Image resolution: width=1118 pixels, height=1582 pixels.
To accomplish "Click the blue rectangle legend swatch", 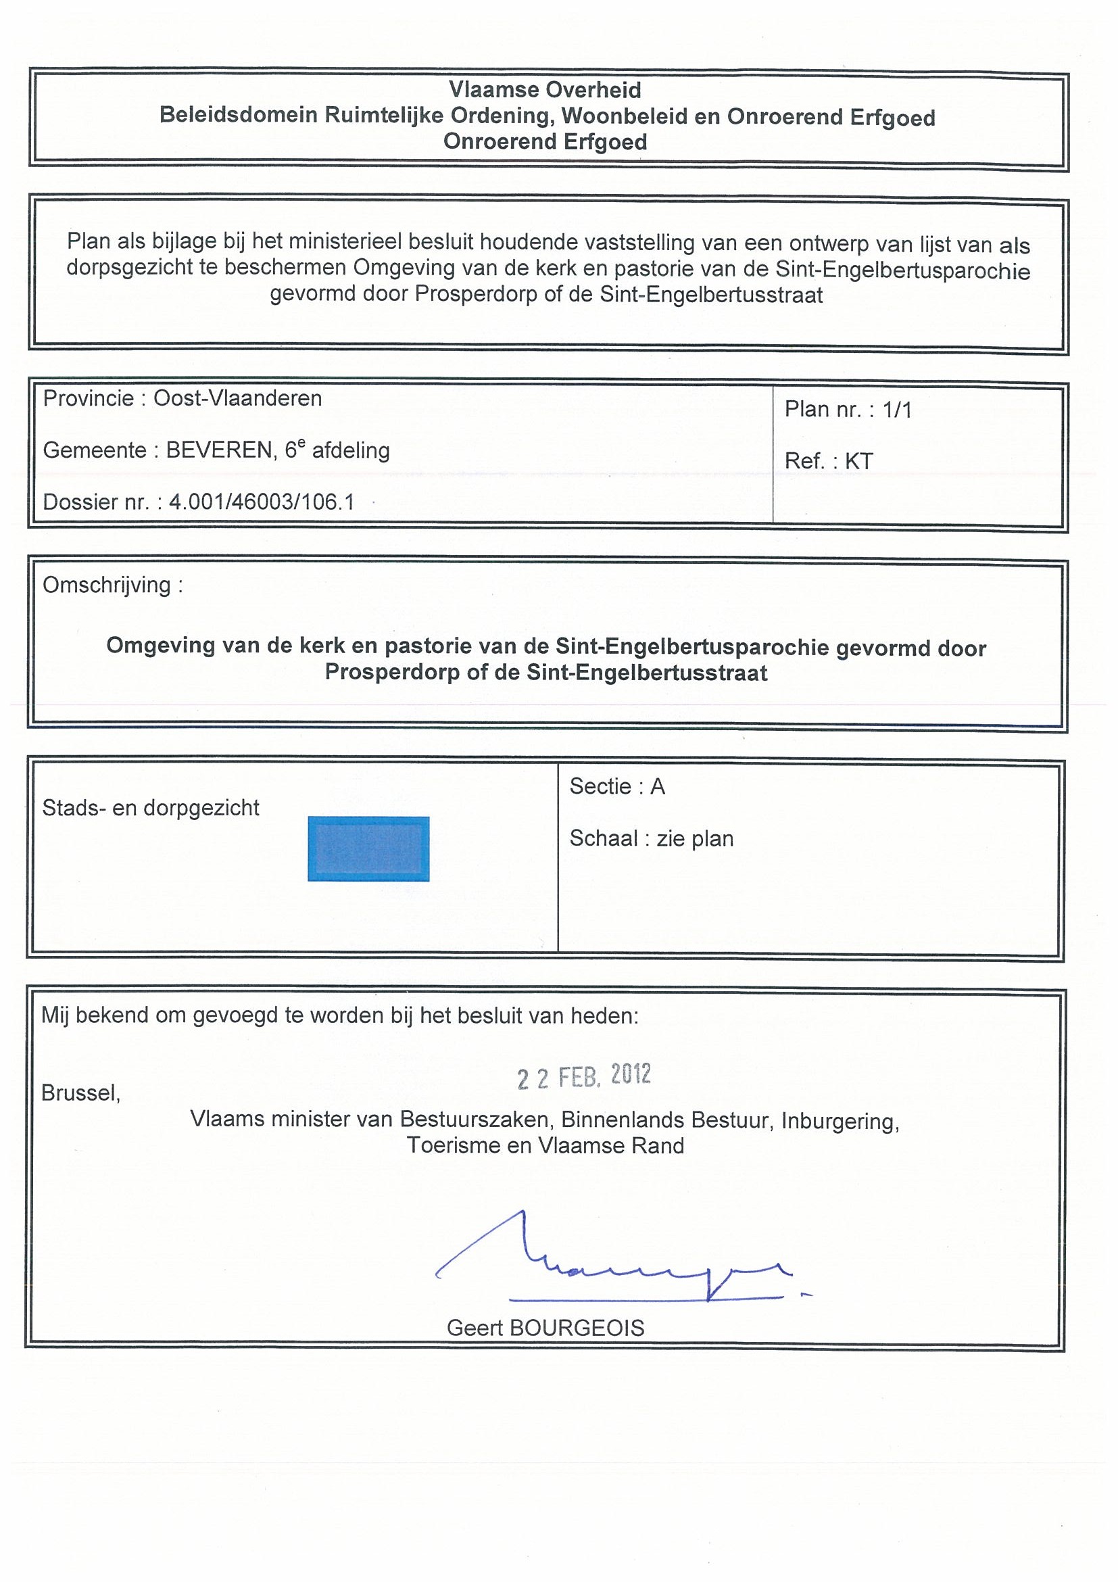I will (368, 848).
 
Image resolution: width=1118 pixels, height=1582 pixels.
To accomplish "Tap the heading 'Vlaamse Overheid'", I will (545, 89).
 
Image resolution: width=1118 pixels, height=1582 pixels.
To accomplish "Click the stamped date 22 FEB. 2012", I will (584, 1076).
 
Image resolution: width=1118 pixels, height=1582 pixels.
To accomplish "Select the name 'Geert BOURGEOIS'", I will (545, 1328).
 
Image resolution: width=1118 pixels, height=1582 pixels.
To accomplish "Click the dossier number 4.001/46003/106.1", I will (262, 502).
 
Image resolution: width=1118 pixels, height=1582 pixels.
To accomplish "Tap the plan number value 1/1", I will (897, 410).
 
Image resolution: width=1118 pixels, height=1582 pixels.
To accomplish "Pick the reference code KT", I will (859, 461).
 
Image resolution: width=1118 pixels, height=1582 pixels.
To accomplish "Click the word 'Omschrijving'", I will (107, 585).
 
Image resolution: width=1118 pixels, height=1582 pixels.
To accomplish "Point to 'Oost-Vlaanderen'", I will (238, 398).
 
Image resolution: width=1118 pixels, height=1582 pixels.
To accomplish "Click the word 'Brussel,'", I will (81, 1093).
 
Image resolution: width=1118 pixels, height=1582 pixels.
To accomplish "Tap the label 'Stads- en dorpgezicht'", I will (151, 807).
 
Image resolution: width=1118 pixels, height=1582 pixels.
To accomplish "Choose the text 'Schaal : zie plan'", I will (652, 838).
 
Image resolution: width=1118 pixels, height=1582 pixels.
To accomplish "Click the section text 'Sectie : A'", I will (617, 786).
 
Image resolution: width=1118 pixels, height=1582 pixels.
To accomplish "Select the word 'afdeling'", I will (351, 451).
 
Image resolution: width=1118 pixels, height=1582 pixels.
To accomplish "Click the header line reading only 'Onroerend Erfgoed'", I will (545, 142).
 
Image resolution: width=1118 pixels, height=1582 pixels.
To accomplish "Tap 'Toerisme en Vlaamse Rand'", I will (545, 1146).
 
